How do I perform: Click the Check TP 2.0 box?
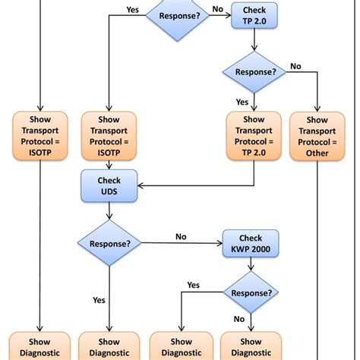click(x=254, y=16)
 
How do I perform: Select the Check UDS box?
click(x=109, y=186)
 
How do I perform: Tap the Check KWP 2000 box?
click(x=250, y=244)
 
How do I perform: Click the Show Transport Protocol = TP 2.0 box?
click(x=254, y=136)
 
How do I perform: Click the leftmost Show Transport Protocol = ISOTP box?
click(x=40, y=136)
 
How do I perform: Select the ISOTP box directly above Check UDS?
click(x=109, y=136)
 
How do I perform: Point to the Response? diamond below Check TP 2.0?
click(x=254, y=72)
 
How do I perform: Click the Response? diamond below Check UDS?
click(x=109, y=244)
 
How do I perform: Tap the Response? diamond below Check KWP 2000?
click(x=250, y=292)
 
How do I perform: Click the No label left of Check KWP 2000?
click(x=182, y=236)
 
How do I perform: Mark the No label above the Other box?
click(x=295, y=66)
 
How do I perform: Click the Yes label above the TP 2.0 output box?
click(x=242, y=102)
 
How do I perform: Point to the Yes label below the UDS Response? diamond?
click(x=99, y=300)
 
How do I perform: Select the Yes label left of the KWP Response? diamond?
click(x=194, y=285)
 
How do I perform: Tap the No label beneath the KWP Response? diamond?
click(x=239, y=319)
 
